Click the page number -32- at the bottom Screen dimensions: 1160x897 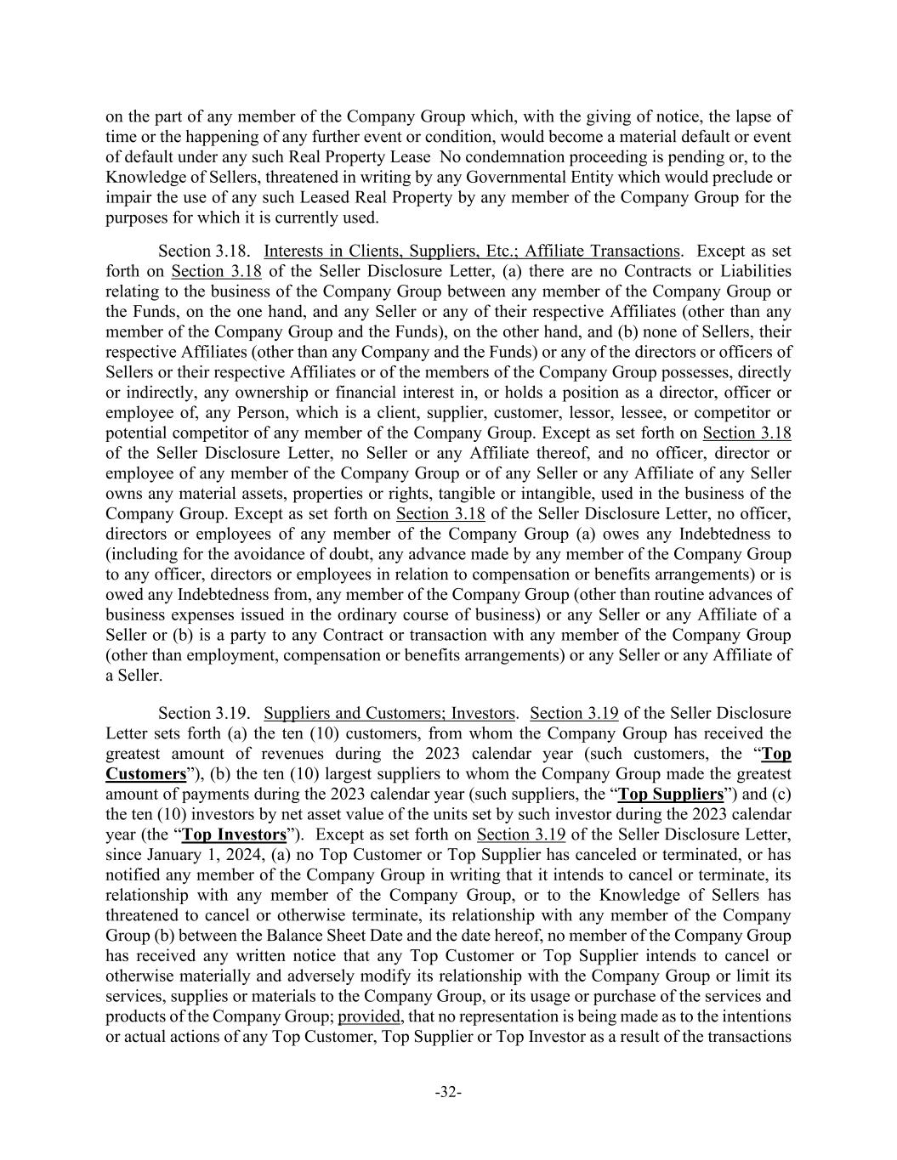pyautogui.click(x=448, y=1092)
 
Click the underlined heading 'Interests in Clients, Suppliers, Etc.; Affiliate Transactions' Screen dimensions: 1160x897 pyautogui.click(x=472, y=251)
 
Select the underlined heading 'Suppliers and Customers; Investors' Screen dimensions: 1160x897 pyautogui.click(x=389, y=713)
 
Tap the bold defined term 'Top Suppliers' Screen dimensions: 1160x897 pyautogui.click(x=670, y=795)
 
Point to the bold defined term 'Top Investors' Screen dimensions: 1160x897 pyautogui.click(x=235, y=835)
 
